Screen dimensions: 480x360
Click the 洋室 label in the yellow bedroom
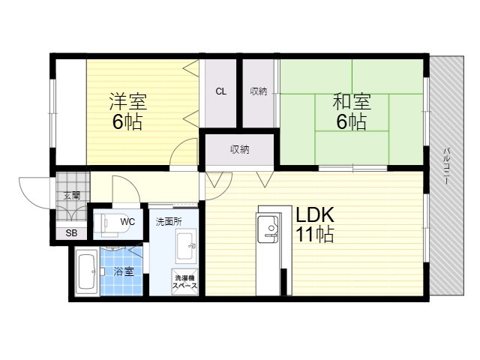[128, 101]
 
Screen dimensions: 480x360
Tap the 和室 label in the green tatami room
[352, 101]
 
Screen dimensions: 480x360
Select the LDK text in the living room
[315, 215]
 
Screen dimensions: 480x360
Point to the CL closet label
[221, 91]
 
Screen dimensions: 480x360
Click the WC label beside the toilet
[127, 221]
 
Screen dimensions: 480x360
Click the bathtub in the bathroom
[86, 271]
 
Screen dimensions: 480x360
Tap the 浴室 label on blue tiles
[124, 271]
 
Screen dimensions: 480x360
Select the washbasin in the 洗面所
[186, 246]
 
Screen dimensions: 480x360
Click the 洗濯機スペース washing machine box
[185, 282]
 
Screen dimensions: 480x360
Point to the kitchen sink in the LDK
[268, 228]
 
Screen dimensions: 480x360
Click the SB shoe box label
[72, 233]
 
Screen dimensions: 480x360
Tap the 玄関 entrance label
[72, 195]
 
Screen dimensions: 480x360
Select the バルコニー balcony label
[447, 166]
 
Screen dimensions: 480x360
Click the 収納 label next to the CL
[258, 91]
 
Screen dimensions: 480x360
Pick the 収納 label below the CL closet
[240, 149]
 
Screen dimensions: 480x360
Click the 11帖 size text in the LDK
[314, 234]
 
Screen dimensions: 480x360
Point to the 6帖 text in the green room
[352, 121]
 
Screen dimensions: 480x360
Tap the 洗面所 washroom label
[169, 222]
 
